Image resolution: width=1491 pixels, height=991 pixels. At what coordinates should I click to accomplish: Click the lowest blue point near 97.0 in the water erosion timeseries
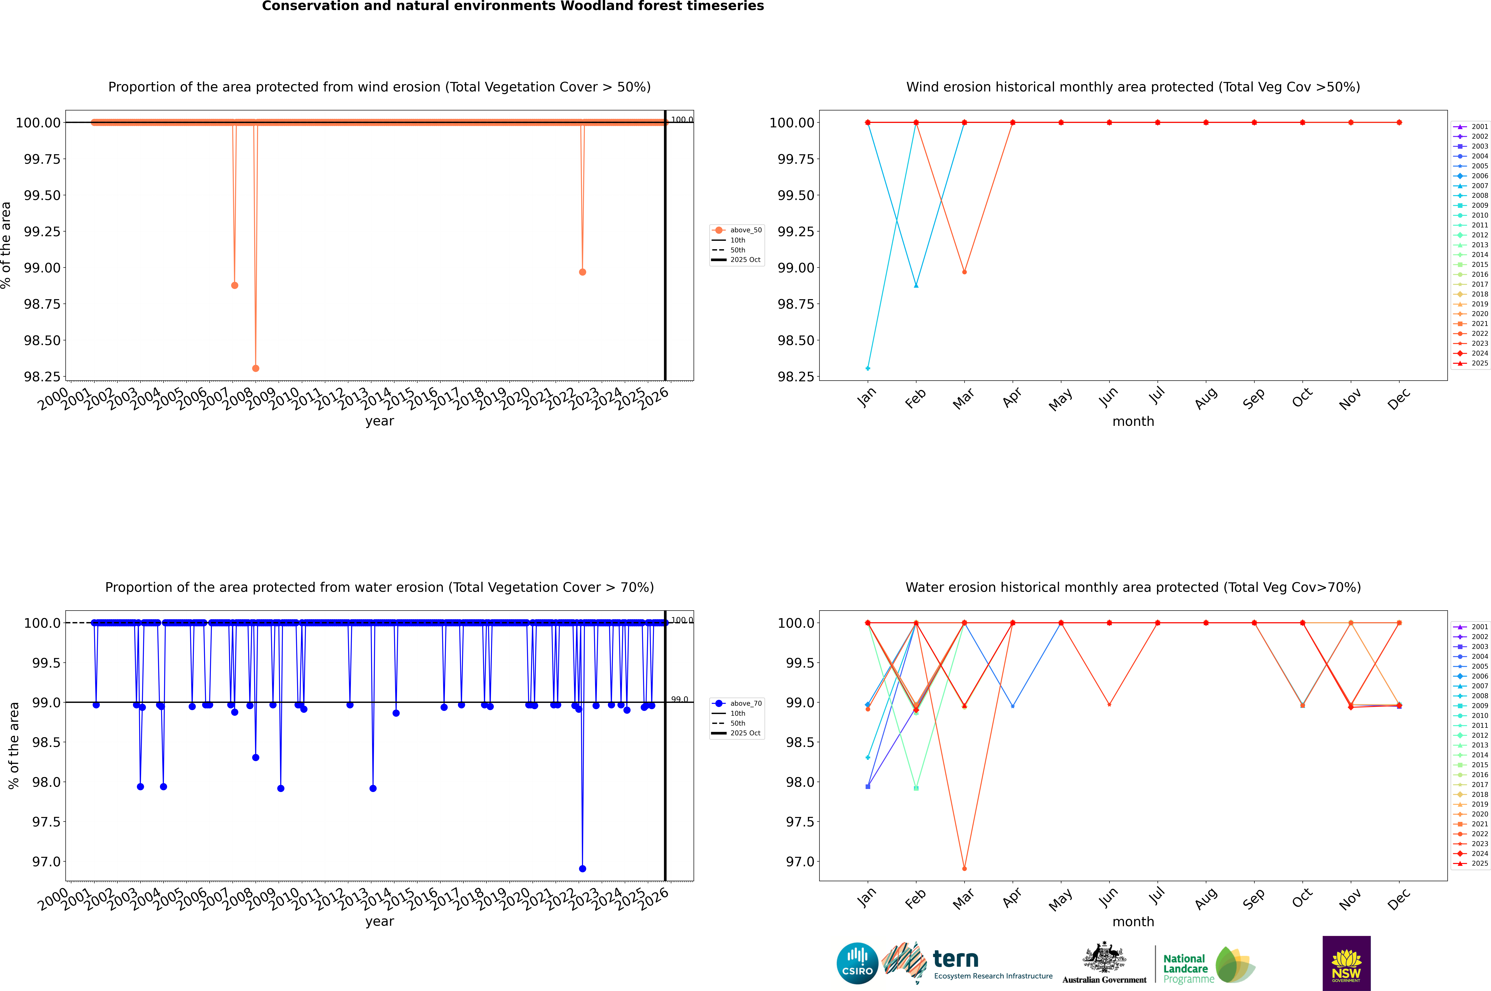582,868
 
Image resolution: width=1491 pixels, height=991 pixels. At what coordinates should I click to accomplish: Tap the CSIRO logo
857,963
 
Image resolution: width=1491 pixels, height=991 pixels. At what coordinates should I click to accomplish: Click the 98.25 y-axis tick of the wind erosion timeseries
42,377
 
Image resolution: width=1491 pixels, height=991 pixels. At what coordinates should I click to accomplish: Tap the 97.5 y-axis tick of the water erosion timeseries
46,822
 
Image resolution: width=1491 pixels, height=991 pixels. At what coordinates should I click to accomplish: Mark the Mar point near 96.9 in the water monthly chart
964,868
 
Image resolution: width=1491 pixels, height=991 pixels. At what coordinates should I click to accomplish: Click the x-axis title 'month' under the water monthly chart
1133,922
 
